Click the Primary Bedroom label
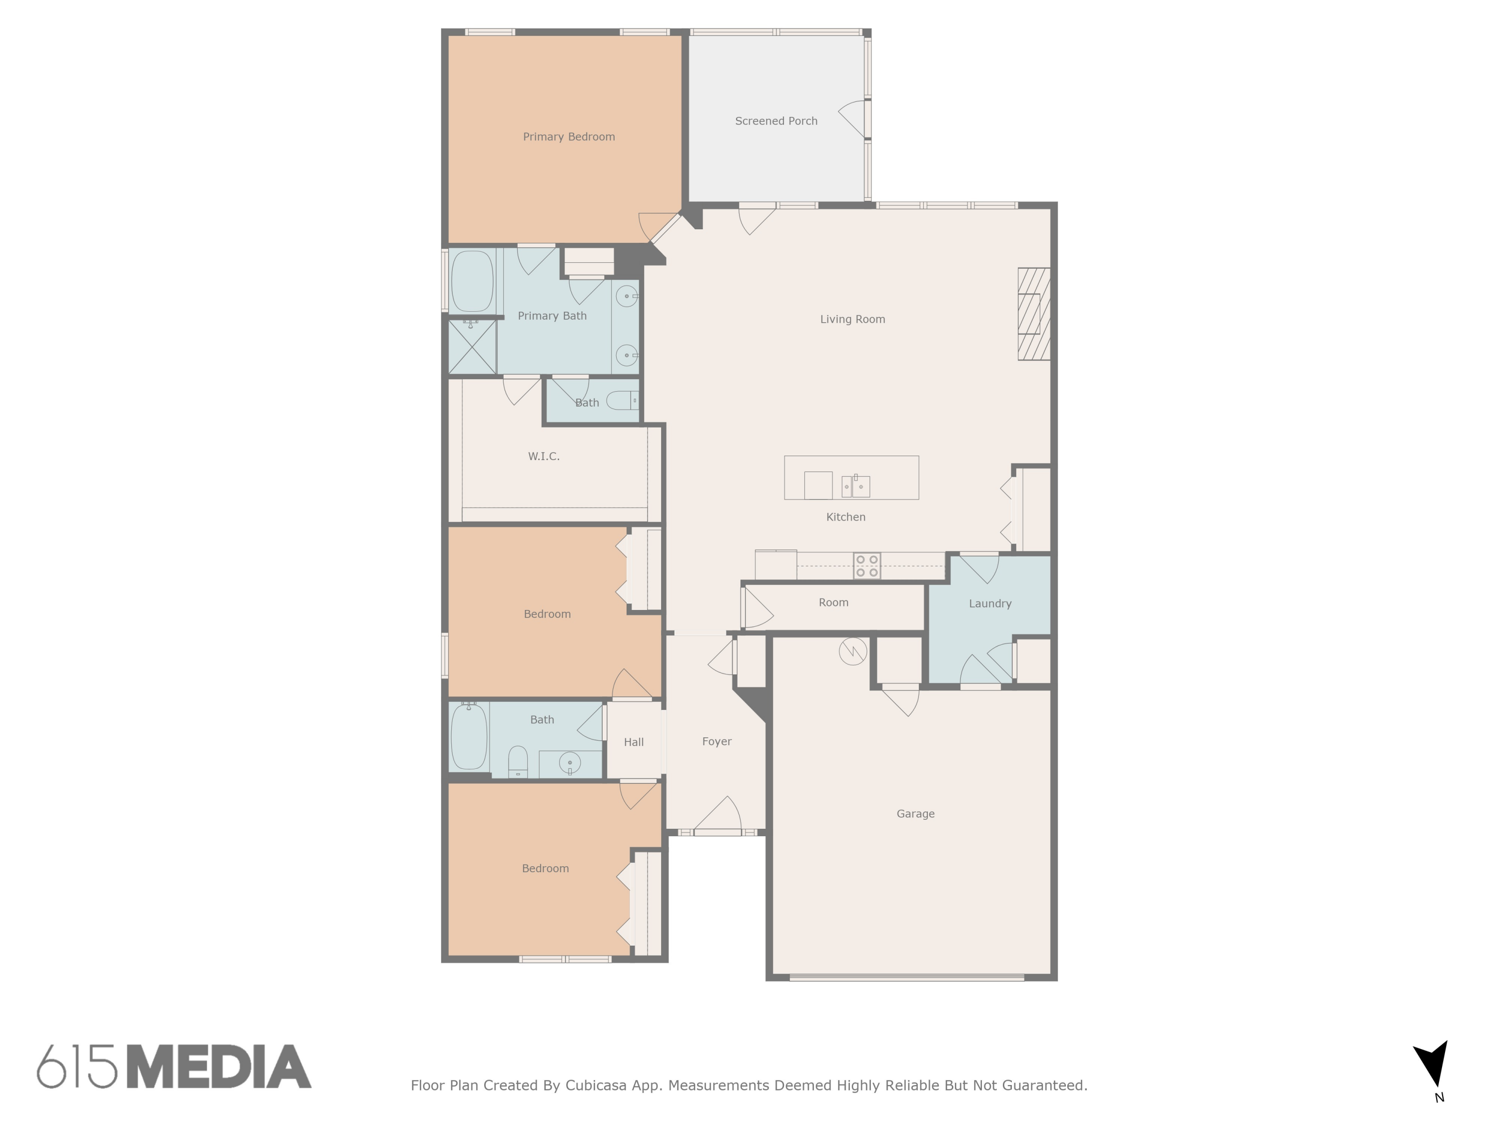coord(569,137)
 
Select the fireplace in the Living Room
coord(1033,314)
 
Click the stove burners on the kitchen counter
coord(867,565)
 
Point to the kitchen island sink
coord(855,486)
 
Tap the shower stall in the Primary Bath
coord(472,347)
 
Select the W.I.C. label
coord(544,457)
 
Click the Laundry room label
coord(989,603)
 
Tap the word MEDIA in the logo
coord(219,1067)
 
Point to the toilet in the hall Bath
coord(518,762)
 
